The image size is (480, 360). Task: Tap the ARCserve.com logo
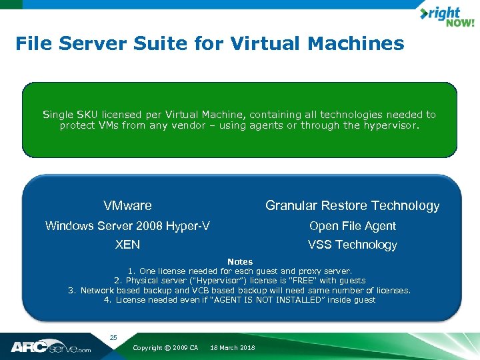click(51, 347)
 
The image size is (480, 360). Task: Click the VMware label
click(127, 205)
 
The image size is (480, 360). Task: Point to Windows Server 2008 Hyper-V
click(127, 226)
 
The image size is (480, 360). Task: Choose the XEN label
click(127, 245)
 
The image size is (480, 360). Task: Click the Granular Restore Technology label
click(352, 205)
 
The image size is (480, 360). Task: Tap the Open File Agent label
click(352, 226)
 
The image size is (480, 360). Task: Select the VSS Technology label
click(352, 245)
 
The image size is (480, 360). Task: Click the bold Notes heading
click(240, 262)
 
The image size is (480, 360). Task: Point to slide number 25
click(113, 338)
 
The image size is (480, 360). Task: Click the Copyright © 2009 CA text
click(165, 348)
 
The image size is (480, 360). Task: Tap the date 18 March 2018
click(232, 348)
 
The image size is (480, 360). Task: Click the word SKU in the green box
click(87, 115)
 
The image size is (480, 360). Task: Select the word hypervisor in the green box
click(391, 125)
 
